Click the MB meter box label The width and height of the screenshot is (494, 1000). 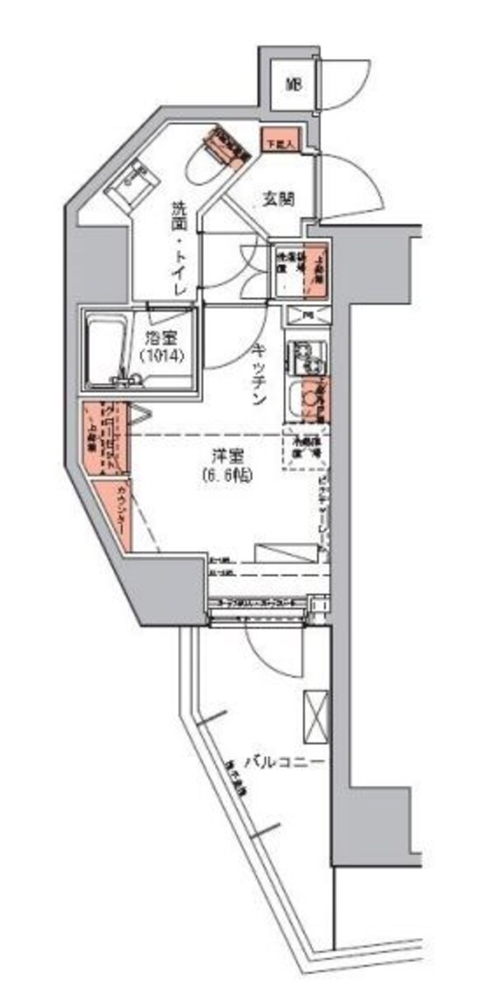[x=294, y=83]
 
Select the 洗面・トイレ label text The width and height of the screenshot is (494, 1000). [x=180, y=250]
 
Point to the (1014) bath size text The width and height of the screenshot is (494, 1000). [x=161, y=357]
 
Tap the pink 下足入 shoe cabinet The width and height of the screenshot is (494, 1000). [x=281, y=142]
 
